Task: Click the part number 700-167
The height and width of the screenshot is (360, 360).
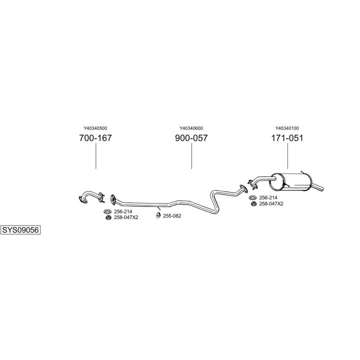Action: point(95,138)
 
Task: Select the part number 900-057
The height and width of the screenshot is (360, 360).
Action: point(191,138)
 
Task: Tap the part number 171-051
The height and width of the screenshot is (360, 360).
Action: point(287,138)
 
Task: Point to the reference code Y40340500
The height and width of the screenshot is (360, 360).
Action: point(95,128)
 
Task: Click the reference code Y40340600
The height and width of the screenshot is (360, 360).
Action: point(191,128)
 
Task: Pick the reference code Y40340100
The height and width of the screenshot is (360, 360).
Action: point(287,128)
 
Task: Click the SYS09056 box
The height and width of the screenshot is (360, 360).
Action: point(20,230)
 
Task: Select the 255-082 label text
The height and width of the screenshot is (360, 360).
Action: point(172,216)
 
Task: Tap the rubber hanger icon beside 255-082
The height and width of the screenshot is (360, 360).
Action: point(158,215)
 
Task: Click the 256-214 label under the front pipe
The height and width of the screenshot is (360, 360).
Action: point(123,211)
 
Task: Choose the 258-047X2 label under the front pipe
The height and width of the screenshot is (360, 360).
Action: point(126,217)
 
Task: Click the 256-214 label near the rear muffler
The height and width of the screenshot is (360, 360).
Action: point(268,197)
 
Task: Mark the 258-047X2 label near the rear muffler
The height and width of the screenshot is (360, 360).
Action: point(271,203)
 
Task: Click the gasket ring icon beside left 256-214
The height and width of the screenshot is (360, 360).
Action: point(107,211)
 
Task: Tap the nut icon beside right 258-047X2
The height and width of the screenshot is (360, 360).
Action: point(253,204)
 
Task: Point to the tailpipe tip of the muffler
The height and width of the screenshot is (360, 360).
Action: point(322,188)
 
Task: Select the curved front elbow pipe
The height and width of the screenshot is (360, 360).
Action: point(90,196)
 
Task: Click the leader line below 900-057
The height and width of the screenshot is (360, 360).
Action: point(191,156)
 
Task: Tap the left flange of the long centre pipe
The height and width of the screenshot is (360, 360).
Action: point(112,199)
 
